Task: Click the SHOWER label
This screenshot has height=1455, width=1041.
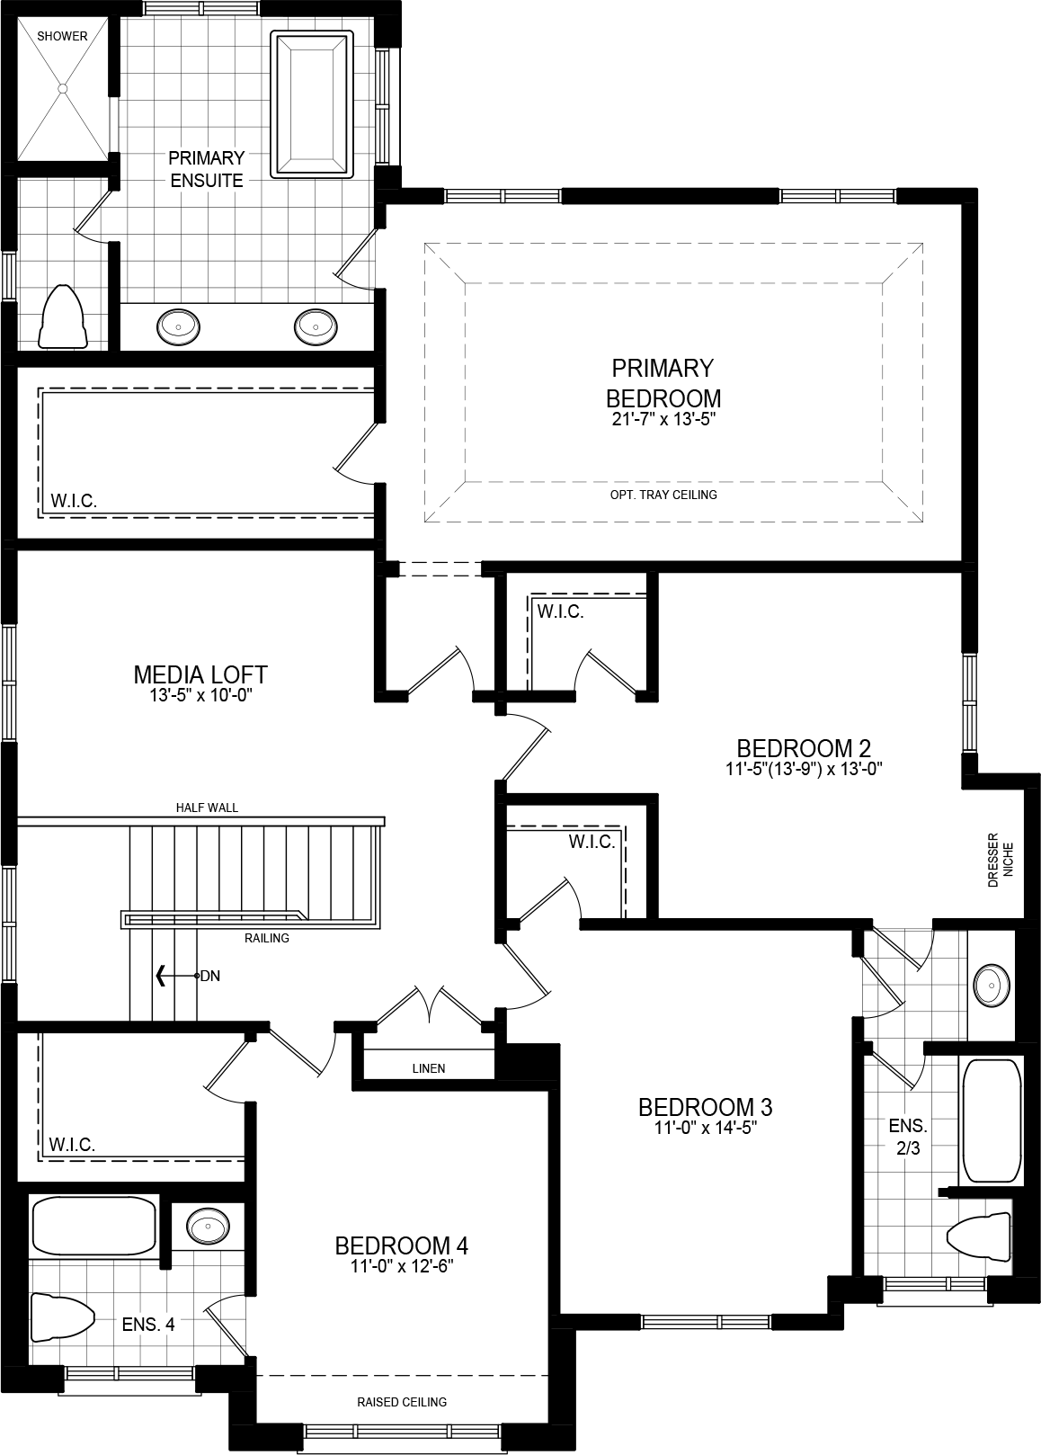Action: [x=63, y=36]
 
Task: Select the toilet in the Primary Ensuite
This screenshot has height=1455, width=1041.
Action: [x=62, y=317]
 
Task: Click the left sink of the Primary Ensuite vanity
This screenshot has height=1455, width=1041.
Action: [x=179, y=326]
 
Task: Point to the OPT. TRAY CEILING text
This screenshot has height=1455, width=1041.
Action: [x=663, y=495]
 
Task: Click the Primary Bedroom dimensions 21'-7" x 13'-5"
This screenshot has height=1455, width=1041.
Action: [x=663, y=419]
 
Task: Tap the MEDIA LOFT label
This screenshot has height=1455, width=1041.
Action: [x=200, y=674]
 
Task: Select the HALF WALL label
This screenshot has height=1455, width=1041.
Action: [x=207, y=808]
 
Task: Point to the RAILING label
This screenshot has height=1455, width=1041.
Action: [x=266, y=938]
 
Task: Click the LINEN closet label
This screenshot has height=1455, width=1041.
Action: [x=429, y=1068]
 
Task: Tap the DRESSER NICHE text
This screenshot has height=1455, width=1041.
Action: [x=1000, y=861]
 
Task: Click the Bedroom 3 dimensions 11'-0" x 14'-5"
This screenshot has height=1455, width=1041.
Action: [x=705, y=1129]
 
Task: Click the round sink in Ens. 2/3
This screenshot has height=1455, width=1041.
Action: [x=991, y=986]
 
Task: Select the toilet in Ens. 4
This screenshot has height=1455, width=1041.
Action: [x=62, y=1317]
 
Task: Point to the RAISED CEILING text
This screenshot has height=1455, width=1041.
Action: [x=402, y=1402]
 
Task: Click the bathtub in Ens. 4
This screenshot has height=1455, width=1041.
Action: [x=93, y=1225]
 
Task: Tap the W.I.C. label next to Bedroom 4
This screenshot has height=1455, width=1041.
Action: [x=72, y=1145]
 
